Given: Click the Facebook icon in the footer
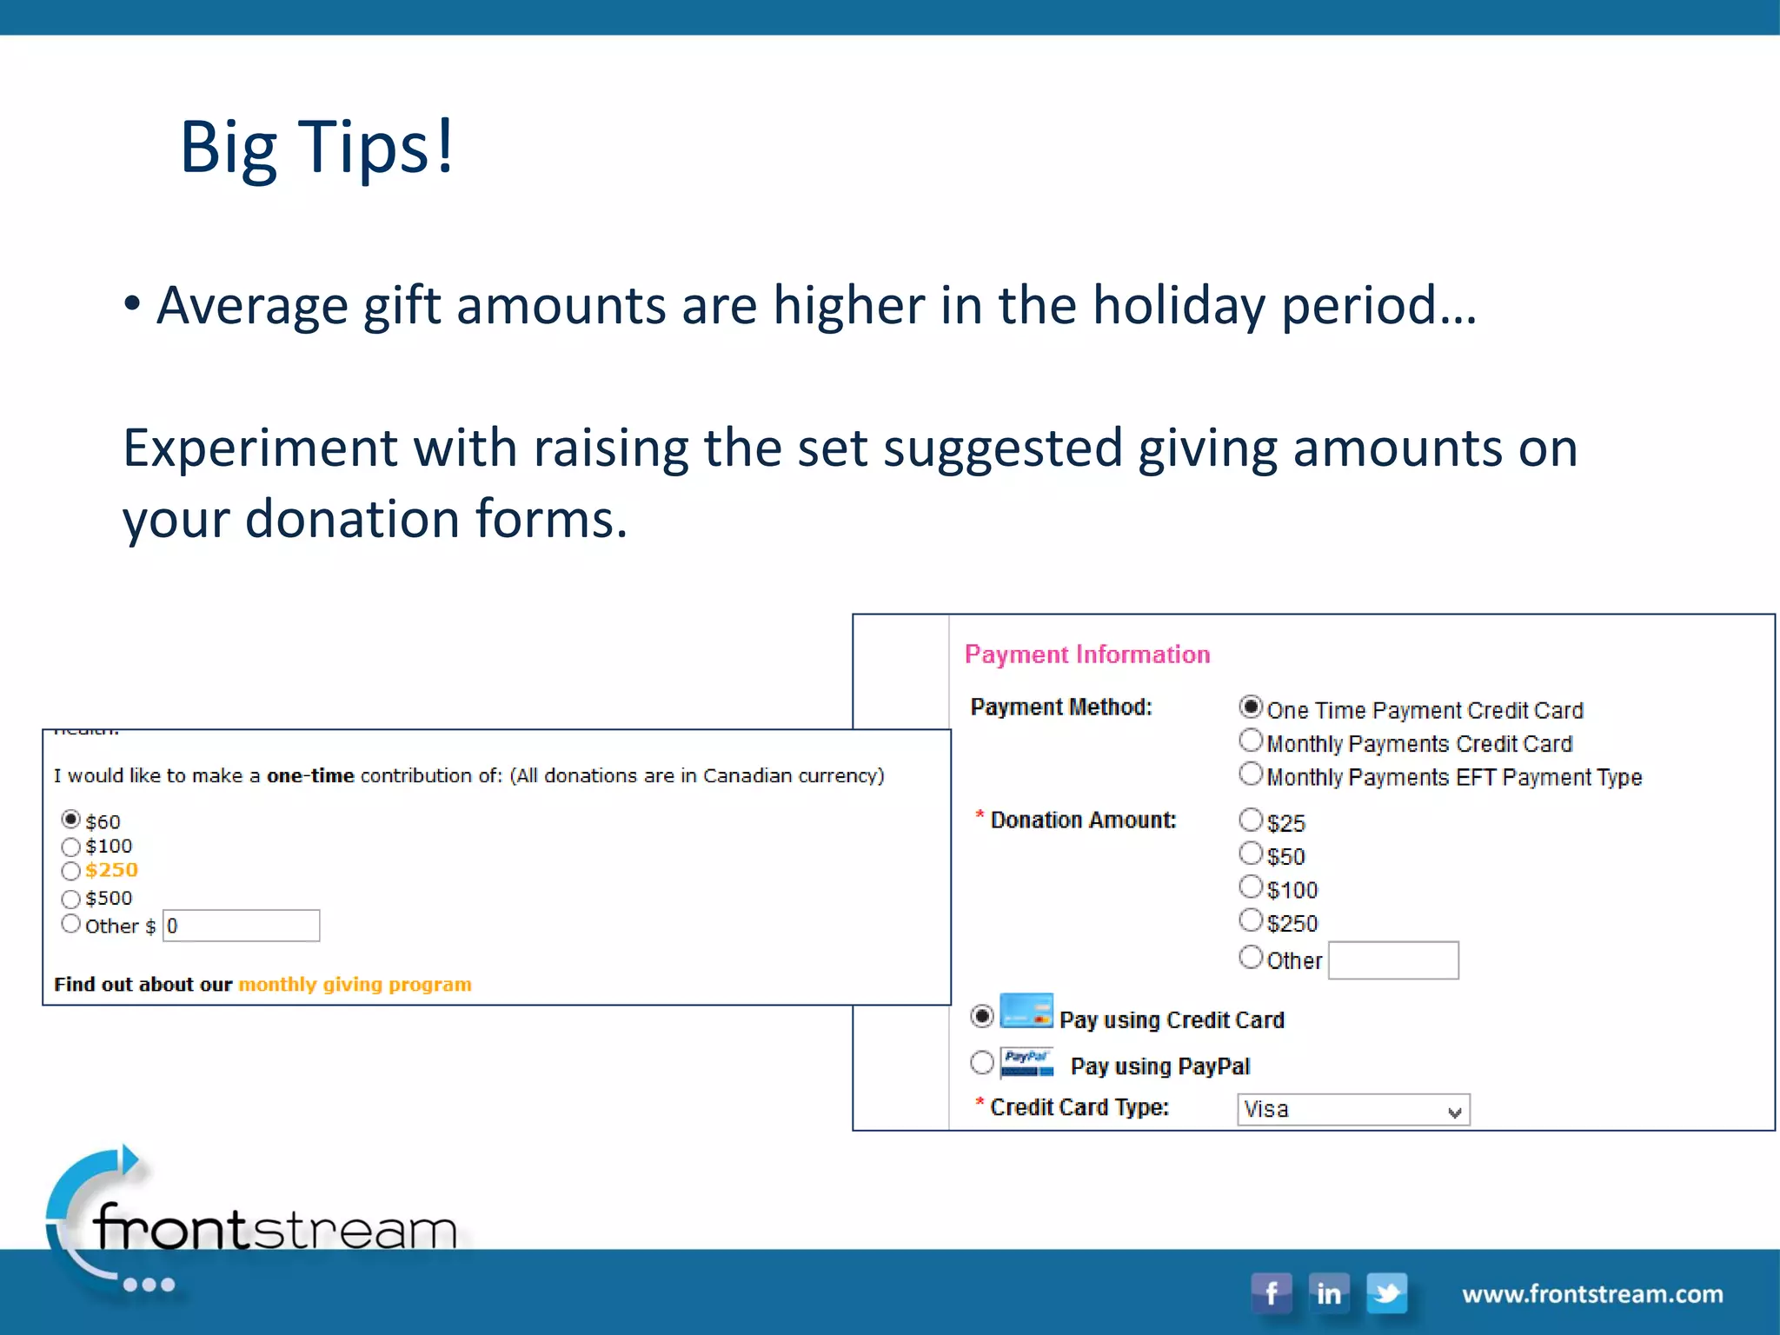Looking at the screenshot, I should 1271,1292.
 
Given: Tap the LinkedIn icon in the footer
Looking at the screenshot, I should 1329,1292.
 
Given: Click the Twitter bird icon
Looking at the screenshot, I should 1386,1292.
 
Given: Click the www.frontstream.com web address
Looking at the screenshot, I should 1592,1294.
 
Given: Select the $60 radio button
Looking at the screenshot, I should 71,820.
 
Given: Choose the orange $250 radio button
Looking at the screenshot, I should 71,871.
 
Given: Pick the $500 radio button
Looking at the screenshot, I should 71,899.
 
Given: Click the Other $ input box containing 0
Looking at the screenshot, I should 242,926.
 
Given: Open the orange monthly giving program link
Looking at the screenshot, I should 355,984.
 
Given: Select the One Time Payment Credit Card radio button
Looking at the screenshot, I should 1251,707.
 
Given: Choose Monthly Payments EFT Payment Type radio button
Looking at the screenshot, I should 1251,774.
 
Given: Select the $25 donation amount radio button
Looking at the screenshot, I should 1251,820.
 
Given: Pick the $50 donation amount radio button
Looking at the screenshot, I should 1251,853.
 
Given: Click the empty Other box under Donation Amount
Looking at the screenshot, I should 1393,960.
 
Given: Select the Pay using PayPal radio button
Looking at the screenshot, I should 982,1062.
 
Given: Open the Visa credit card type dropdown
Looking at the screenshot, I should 1353,1110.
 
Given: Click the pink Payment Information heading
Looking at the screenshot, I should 1087,654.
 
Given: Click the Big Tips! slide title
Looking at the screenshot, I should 316,147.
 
